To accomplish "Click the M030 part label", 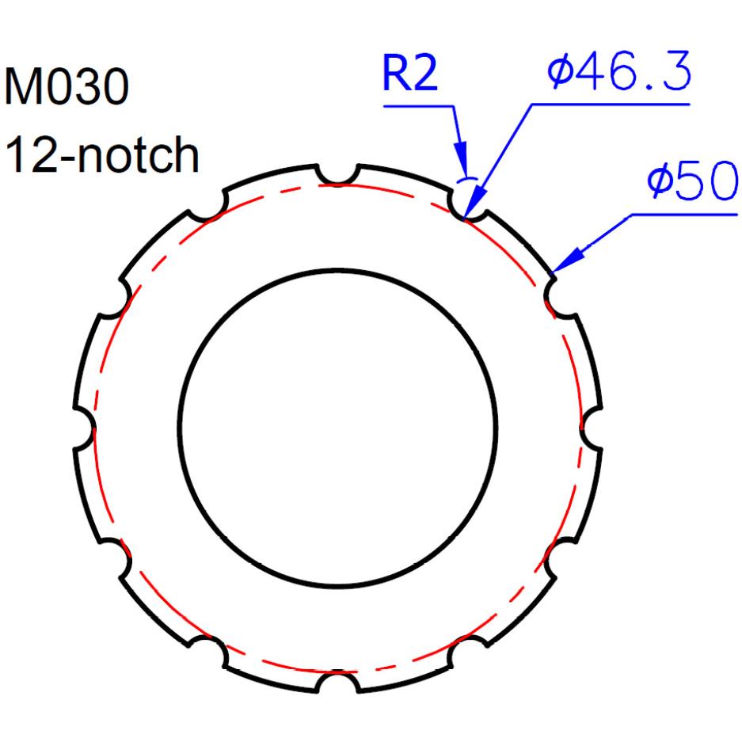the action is (67, 87).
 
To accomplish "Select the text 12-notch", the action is (101, 154).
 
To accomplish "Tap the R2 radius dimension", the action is (410, 74).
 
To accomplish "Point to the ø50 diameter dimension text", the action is (692, 180).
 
